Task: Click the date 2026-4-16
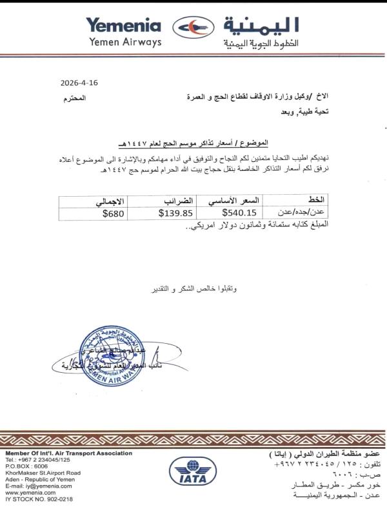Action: [80, 83]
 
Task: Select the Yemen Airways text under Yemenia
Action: [123, 42]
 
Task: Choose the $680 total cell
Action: [114, 211]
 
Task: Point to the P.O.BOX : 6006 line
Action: [26, 466]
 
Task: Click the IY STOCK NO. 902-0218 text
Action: [39, 499]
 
